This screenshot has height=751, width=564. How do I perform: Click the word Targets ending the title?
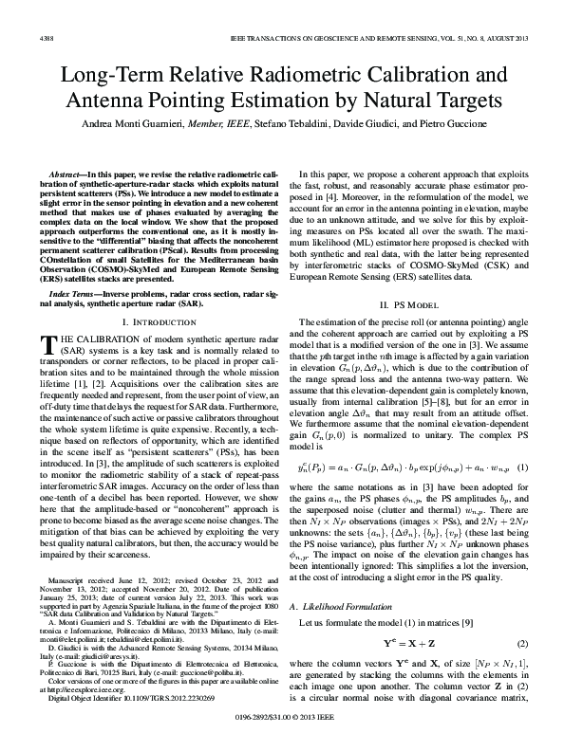(454, 100)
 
